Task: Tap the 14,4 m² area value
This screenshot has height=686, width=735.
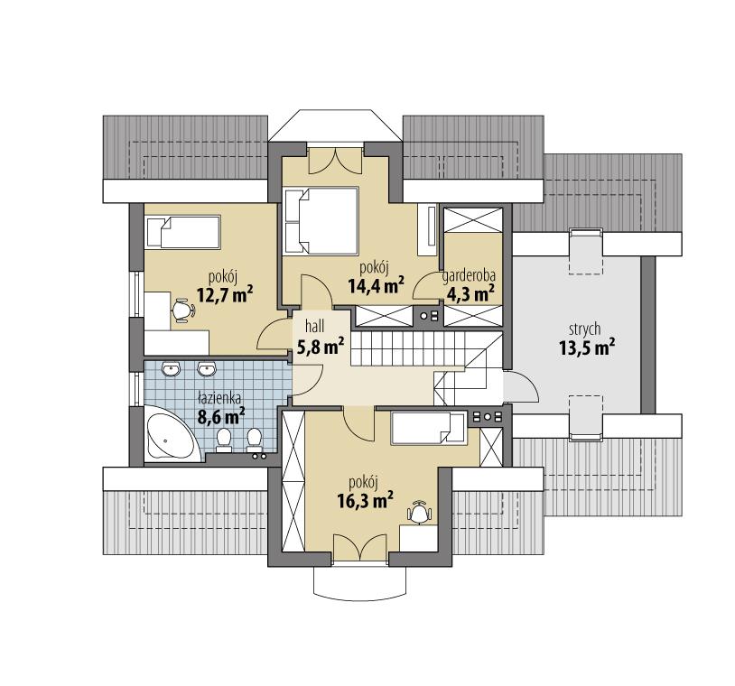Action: (374, 286)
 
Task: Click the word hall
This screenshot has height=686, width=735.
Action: (313, 325)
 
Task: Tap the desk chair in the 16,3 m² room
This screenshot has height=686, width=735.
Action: (419, 512)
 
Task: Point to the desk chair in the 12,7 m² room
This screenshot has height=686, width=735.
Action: (183, 310)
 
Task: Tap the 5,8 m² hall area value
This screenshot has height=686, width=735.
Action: (320, 345)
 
